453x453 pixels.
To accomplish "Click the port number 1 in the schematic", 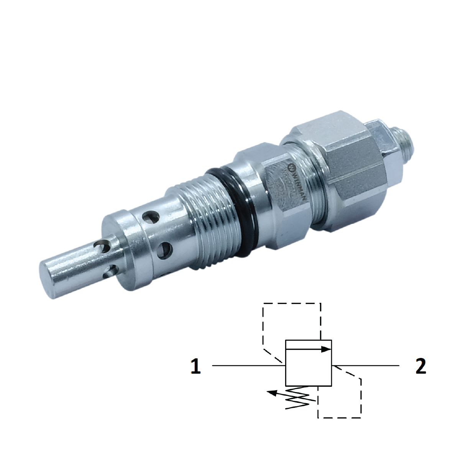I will click(x=195, y=366).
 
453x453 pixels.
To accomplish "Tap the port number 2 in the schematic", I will click(x=420, y=366).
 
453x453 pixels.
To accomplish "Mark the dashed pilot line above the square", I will click(x=291, y=304).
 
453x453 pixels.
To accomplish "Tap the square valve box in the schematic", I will click(x=309, y=368).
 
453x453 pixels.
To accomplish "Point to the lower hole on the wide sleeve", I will click(x=166, y=249).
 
